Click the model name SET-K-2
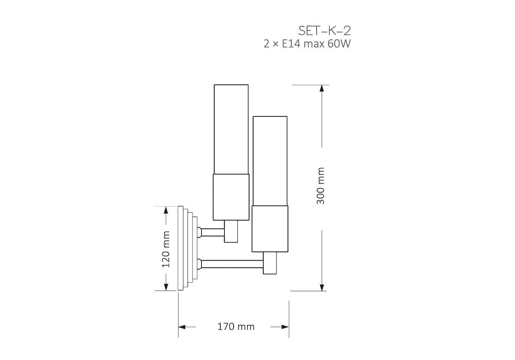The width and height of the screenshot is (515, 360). pos(324,31)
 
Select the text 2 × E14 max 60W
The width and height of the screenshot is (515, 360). pos(307,44)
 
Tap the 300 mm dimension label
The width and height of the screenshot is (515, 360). pos(320,186)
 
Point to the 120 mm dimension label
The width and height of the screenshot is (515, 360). pos(166,250)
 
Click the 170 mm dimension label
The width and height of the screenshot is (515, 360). pos(236,326)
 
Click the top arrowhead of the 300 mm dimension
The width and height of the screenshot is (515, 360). pos(322,88)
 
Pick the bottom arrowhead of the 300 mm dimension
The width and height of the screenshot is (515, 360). pos(322,288)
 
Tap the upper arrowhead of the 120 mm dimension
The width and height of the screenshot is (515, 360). pos(166,210)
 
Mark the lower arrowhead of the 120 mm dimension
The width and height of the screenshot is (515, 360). pos(166,287)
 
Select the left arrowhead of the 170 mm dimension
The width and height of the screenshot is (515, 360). pos(182,327)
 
